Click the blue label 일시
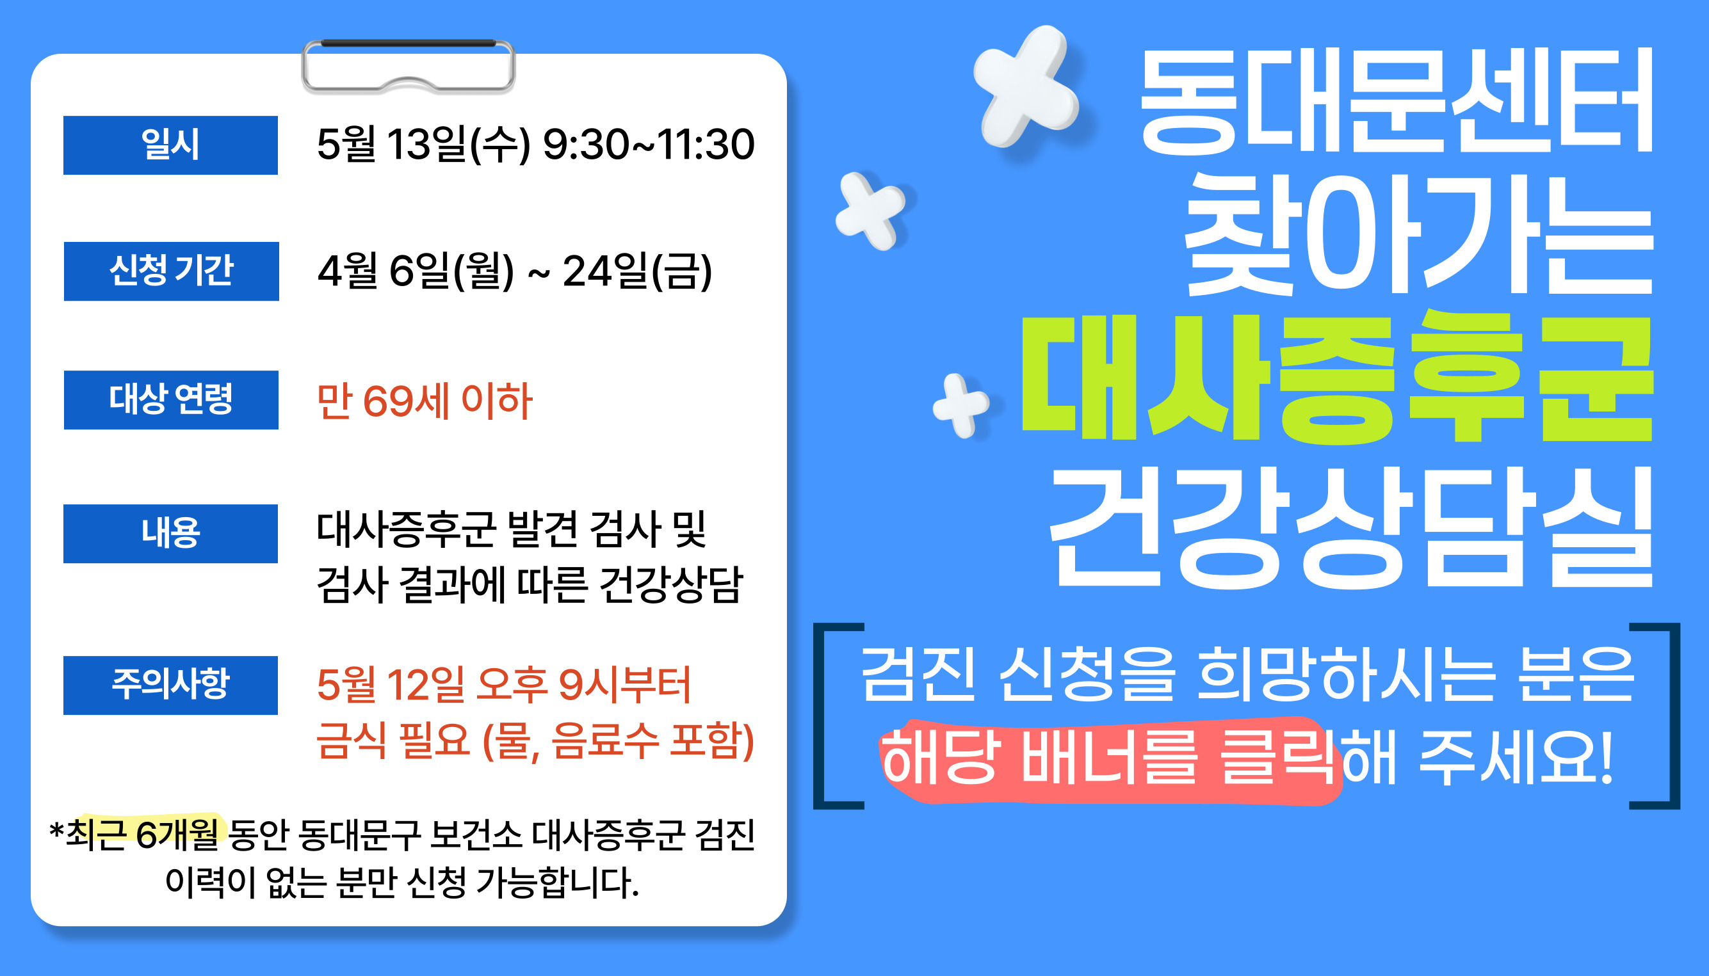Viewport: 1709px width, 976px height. click(170, 145)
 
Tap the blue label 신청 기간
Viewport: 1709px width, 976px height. click(171, 271)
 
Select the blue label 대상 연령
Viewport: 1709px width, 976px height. click(171, 399)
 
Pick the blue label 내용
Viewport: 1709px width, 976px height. click(170, 534)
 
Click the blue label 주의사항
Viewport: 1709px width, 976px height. click(170, 685)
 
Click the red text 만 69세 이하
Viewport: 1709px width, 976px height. click(425, 401)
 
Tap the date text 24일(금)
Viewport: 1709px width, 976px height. click(637, 271)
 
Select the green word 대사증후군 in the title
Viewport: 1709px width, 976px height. click(1336, 378)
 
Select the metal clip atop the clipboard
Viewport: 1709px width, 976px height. click(409, 66)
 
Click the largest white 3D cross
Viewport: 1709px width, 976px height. click(1026, 86)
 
